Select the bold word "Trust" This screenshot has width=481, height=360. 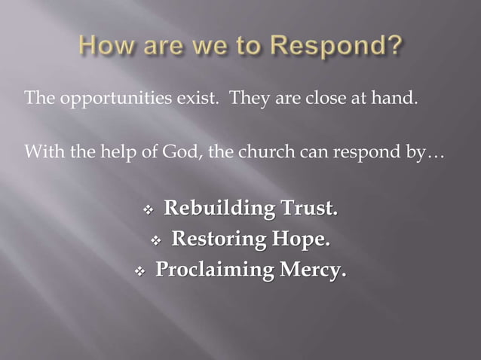point(309,208)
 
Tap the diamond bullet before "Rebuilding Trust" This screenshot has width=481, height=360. point(149,209)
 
